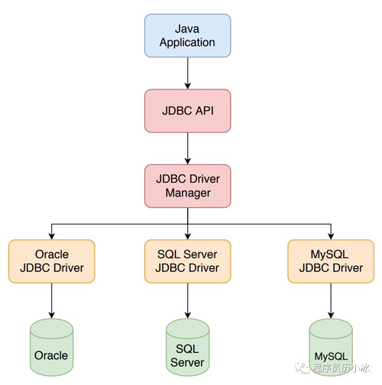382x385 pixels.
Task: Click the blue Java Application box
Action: [187, 35]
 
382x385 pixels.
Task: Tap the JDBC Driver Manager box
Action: [187, 185]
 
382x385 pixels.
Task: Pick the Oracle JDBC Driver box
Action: [51, 260]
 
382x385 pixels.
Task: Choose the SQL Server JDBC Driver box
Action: [187, 260]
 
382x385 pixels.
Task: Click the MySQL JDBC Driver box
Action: [331, 260]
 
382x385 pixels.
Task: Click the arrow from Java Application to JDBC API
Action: [187, 73]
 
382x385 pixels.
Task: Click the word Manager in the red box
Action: [187, 192]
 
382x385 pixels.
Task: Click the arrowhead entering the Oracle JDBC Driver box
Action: [51, 235]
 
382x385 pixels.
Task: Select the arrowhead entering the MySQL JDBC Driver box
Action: [331, 235]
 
